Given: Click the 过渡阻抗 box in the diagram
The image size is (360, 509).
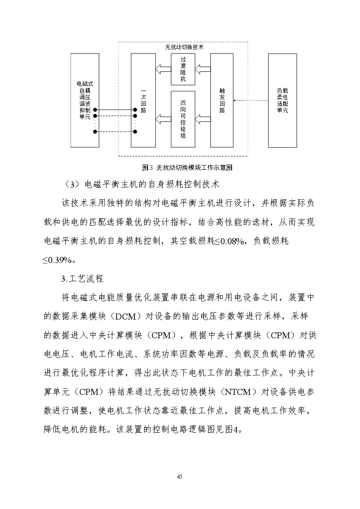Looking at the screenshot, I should point(183,70).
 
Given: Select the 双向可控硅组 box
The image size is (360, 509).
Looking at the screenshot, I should point(183,118).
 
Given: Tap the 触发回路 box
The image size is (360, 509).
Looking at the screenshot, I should point(222,101).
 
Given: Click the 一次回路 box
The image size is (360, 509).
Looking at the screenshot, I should point(143,101).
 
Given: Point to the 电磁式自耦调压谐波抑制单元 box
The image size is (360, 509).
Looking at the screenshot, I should point(83,101).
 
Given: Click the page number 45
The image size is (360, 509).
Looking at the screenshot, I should point(180,476).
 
